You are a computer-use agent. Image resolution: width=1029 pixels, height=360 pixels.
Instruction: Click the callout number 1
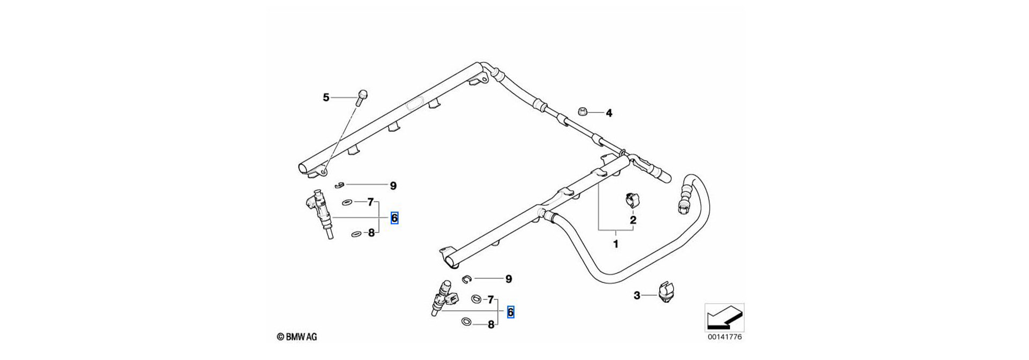pos(616,244)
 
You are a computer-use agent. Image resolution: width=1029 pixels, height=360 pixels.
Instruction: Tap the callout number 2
pos(633,220)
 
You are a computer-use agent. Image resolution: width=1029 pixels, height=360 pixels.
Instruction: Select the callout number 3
pos(637,295)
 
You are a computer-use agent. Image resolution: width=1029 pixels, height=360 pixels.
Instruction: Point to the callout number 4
pos(609,113)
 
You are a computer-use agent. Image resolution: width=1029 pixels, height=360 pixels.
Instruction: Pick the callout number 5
pos(326,97)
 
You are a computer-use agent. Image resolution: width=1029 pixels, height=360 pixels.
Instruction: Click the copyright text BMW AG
pos(297,337)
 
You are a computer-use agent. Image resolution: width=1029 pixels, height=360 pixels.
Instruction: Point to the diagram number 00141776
pos(725,337)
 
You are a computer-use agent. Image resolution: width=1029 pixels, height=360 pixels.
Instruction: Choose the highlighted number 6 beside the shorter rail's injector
pos(510,312)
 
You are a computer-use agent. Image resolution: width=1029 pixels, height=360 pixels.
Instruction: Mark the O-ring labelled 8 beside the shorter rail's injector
pos(466,321)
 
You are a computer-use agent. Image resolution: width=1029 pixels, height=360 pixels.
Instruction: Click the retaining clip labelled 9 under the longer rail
pos(338,185)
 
